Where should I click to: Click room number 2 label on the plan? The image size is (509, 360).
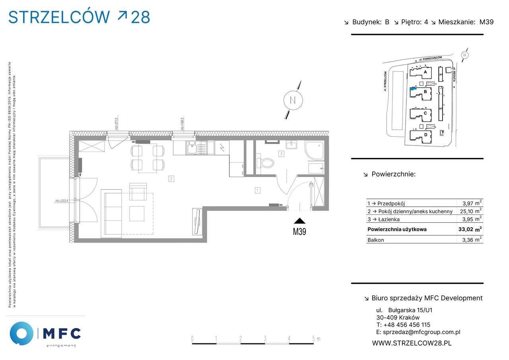(x=171, y=179)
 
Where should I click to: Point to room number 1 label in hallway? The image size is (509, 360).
(x=258, y=191)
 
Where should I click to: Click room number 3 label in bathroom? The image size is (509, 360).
(x=281, y=153)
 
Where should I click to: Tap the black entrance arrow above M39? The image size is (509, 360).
(x=299, y=221)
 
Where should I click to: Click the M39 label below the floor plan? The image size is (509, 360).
(x=299, y=232)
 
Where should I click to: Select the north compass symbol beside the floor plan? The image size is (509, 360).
(x=293, y=100)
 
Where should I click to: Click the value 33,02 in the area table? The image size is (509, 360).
(x=466, y=229)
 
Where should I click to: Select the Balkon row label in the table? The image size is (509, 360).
(x=376, y=240)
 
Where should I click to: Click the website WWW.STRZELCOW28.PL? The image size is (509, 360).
(x=412, y=342)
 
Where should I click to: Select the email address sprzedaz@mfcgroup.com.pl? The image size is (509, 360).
(x=418, y=332)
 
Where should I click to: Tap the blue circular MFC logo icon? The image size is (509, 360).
(x=21, y=333)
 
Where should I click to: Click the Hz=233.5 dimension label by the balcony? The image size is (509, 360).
(x=62, y=201)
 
